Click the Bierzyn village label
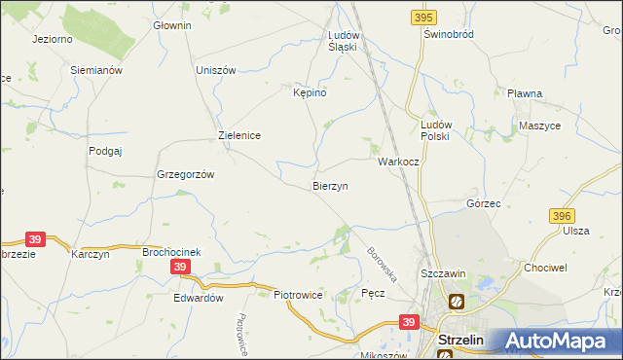click(x=330, y=185)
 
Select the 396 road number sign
click(x=562, y=215)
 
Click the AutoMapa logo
click(x=559, y=341)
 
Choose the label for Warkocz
click(x=397, y=161)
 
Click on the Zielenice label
click(x=238, y=136)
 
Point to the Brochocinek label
click(x=171, y=252)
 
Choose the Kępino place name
click(x=310, y=92)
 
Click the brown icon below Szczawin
click(x=455, y=303)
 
